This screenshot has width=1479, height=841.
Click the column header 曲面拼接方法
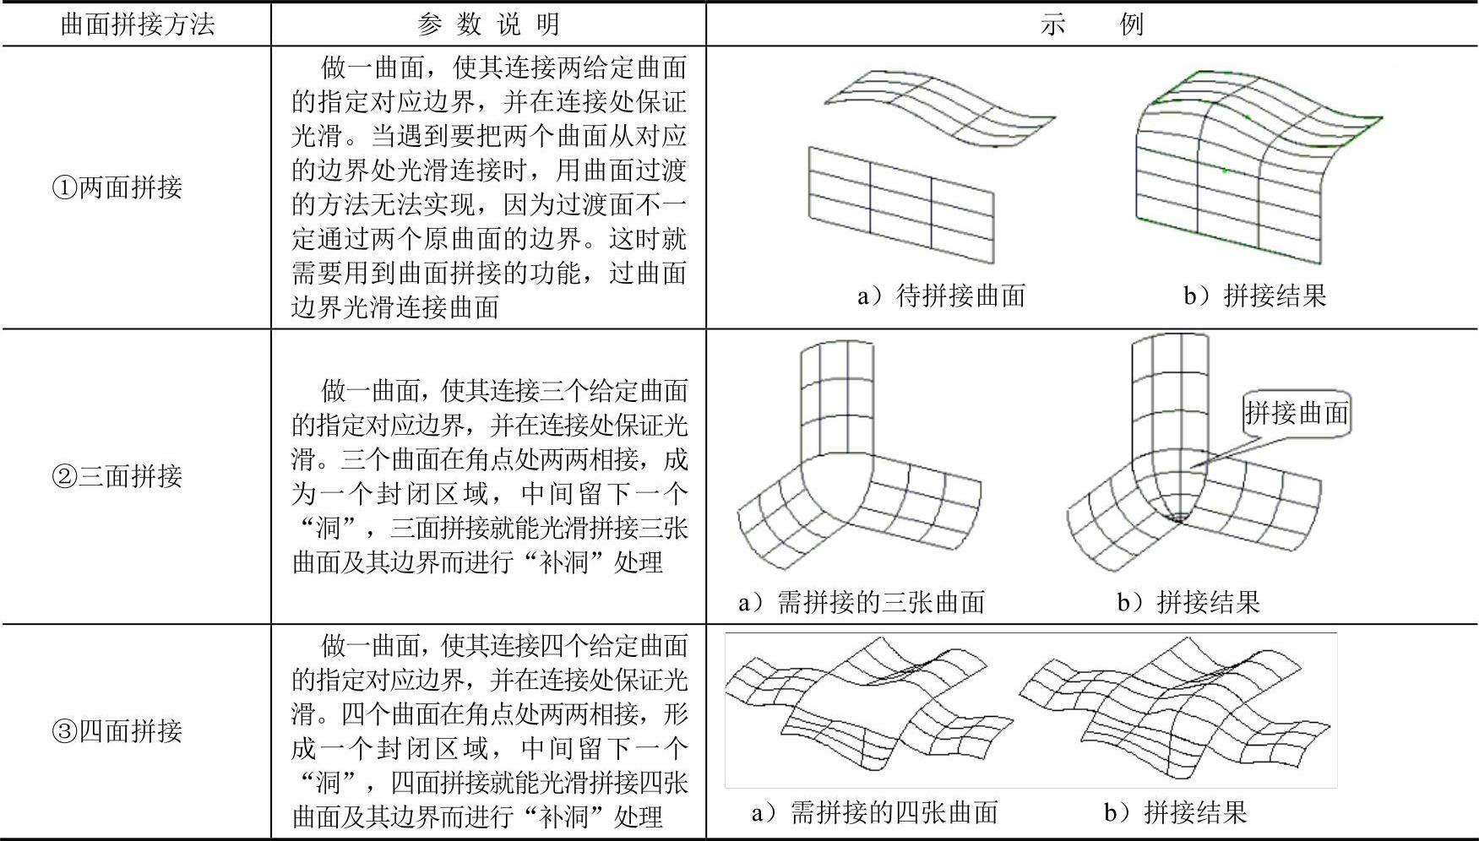click(137, 24)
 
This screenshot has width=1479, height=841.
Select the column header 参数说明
click(488, 24)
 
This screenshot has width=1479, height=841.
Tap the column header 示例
click(1091, 24)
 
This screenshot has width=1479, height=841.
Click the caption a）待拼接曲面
click(941, 296)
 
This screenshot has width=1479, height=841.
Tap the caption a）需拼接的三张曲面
click(862, 602)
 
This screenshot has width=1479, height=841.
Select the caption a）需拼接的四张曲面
click(875, 812)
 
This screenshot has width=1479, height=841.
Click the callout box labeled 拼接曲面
click(1297, 413)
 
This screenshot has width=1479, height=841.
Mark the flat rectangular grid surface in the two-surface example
click(902, 205)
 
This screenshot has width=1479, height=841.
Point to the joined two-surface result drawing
click(1250, 169)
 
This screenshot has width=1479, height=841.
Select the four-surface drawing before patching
click(870, 709)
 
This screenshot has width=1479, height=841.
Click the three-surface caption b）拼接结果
click(1188, 602)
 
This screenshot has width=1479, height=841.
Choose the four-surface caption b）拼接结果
click(1175, 812)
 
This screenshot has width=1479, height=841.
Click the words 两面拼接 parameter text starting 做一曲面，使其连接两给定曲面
click(488, 187)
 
